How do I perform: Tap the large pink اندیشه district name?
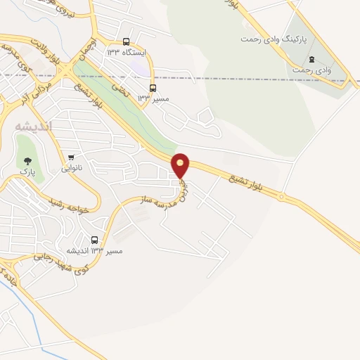point(32,126)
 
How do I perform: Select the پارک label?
point(27,171)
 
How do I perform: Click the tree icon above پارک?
point(27,160)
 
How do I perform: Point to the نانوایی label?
point(72,167)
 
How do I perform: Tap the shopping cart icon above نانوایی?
point(71,157)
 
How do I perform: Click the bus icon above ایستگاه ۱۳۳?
point(126,41)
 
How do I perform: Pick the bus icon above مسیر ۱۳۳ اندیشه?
point(95,240)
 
